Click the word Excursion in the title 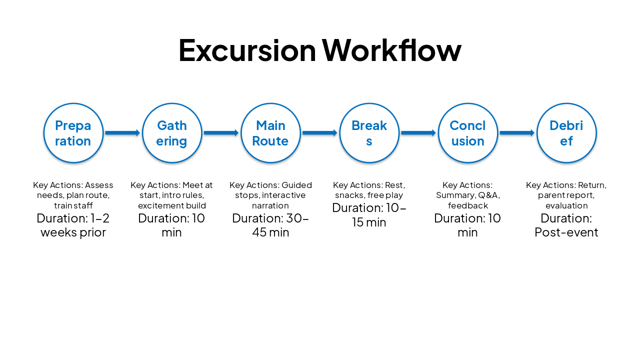point(247,50)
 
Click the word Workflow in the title point(391,50)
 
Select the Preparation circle point(73,133)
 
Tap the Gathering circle point(172,133)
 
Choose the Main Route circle point(270,133)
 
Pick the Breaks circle point(369,133)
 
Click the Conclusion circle point(467,133)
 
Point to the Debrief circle point(566,133)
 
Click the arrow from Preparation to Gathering point(122,133)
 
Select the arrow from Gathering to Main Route point(221,133)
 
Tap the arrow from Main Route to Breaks point(319,133)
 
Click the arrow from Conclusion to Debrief point(517,133)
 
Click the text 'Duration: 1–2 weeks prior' point(73,225)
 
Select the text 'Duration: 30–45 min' point(270,225)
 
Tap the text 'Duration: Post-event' point(566,225)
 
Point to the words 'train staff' point(73,205)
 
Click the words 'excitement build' point(172,205)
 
